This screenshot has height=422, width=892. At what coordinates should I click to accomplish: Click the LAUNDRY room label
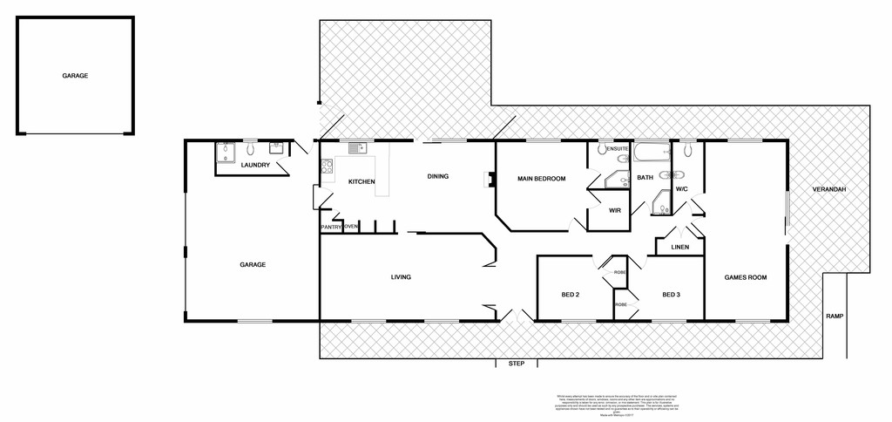255,165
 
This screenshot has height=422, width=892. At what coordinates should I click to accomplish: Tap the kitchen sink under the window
355,148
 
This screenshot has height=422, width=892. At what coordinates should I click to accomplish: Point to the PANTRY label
331,227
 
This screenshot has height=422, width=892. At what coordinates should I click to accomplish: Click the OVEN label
350,227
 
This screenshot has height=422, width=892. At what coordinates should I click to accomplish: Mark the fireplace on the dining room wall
490,180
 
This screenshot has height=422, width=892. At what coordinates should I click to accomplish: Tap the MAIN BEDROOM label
541,179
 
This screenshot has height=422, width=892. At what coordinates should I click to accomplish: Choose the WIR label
614,210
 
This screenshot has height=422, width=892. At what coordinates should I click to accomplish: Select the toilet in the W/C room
688,151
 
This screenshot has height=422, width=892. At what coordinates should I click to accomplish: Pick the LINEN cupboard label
680,247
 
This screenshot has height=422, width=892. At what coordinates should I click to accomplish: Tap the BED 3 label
671,295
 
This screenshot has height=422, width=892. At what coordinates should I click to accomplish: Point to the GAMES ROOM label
746,277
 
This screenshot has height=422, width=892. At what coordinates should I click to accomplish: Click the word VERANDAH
829,189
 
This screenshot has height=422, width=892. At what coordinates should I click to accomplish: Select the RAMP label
835,316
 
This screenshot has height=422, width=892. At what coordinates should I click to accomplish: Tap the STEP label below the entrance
517,363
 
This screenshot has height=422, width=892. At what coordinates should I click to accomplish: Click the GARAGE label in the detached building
75,76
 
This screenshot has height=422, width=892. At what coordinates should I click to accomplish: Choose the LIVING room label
401,277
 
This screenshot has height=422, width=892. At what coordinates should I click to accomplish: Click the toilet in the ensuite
603,150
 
